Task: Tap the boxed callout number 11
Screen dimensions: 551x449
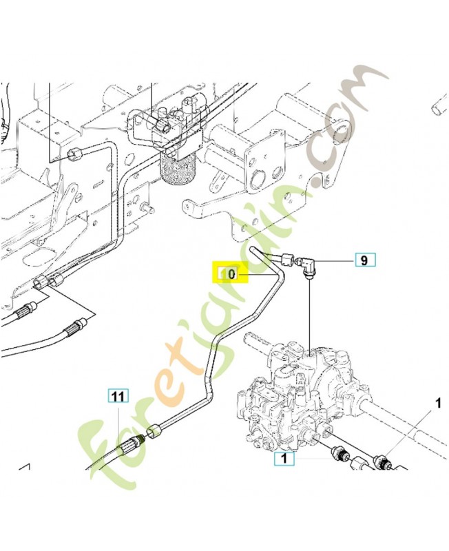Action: coord(118,396)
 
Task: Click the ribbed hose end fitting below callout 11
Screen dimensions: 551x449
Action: coord(127,448)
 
